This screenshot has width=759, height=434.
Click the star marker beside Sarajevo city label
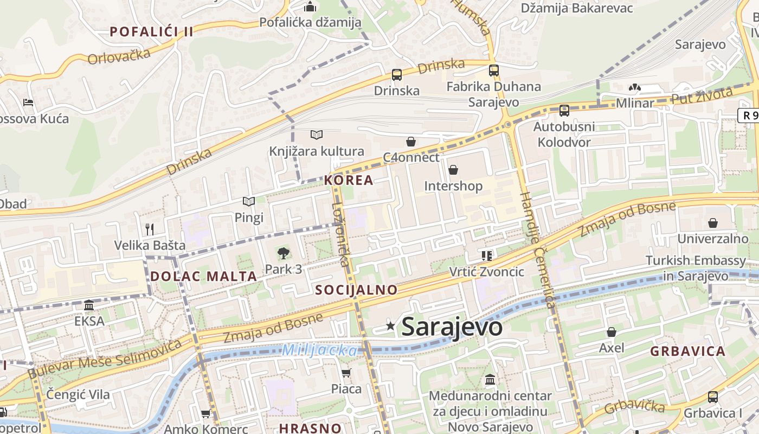390,325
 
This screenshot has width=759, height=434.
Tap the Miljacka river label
319,350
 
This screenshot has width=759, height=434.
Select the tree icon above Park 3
283,253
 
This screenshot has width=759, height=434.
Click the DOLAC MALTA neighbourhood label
203,276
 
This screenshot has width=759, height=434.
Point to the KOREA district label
349,181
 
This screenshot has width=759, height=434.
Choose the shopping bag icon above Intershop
453,170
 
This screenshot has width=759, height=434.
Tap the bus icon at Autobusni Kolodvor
564,111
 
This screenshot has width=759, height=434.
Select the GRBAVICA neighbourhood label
687,351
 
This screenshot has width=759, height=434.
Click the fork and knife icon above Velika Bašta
150,229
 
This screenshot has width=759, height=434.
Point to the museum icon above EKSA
89,305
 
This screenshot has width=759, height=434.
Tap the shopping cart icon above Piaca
346,373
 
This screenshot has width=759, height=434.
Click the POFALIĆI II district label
152,31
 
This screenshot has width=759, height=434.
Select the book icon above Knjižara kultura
317,135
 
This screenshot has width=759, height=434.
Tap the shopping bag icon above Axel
612,332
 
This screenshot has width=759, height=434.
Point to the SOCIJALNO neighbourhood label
356,290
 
